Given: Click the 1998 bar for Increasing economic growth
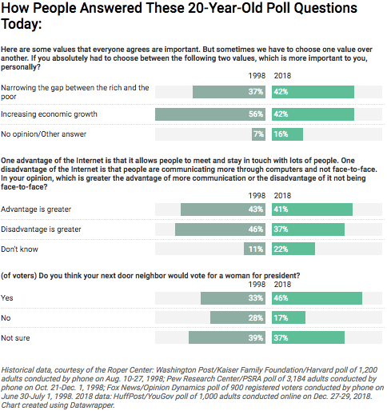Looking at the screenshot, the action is (210, 114).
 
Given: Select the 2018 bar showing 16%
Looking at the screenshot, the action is (287, 134).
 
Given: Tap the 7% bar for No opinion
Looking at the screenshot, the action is (258, 134).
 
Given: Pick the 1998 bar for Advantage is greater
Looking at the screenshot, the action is (223, 209).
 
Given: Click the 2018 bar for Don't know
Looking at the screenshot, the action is (293, 249).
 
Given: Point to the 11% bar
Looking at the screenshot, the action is (254, 249).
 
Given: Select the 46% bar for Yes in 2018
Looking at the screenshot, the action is (317, 298).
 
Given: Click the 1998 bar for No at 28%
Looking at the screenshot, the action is (237, 317).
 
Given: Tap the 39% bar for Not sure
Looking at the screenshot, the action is (227, 337).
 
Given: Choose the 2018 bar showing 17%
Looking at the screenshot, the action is (289, 317).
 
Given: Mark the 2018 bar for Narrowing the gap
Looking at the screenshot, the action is (313, 92).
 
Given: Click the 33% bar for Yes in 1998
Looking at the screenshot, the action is (233, 298).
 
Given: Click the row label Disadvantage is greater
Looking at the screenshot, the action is (41, 229).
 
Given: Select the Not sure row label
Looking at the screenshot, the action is (15, 338).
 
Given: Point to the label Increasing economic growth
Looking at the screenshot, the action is (49, 114).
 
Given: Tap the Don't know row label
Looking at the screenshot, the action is (19, 249).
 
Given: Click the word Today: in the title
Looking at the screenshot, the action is (22, 24).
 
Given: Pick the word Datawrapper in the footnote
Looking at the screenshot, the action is (92, 405).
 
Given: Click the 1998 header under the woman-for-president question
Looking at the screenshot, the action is (257, 285).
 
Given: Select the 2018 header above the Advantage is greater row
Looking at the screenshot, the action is (282, 196).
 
